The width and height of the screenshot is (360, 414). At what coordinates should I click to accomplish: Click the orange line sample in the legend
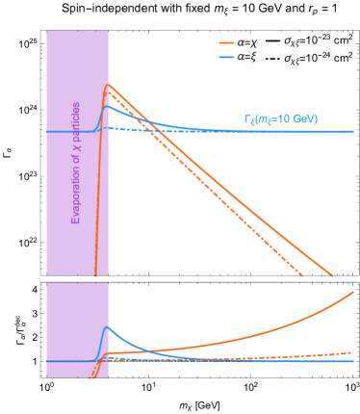[226, 42]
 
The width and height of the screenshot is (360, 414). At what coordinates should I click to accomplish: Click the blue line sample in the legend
[226, 57]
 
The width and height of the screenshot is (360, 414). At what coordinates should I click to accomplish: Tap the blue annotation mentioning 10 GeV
[280, 119]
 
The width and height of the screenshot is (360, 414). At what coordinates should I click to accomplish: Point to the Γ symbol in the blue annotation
[247, 119]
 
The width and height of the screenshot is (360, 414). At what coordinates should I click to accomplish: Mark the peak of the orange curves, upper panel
[107, 86]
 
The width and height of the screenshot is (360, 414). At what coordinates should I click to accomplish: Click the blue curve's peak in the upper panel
[108, 106]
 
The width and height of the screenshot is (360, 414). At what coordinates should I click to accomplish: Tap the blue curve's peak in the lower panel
[107, 327]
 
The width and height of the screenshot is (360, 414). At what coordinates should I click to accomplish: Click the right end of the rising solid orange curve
[354, 292]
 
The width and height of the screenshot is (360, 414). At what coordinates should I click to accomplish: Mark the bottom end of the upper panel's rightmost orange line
[332, 275]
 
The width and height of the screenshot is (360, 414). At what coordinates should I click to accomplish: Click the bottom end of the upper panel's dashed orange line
[302, 275]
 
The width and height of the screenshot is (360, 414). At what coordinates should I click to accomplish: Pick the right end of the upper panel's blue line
[354, 131]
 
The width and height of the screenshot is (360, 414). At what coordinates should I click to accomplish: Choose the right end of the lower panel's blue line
[354, 361]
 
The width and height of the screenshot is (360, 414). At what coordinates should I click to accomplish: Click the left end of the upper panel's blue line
[46, 131]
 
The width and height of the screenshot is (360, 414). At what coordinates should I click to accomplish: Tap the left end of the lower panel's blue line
[46, 361]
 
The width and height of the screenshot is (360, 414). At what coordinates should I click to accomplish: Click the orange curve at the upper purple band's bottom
[95, 274]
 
